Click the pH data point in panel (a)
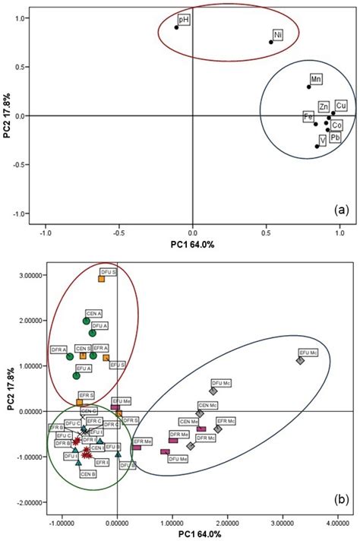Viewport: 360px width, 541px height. pos(176,27)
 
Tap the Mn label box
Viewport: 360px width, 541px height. pos(316,79)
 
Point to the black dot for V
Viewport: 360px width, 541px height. pos(317,147)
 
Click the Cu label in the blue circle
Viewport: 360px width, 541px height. pos(341,105)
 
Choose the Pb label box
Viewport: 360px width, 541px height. pos(335,138)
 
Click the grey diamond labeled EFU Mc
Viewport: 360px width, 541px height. pos(300,361)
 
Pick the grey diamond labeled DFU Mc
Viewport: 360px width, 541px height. pos(213,391)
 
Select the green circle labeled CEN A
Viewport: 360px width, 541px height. pos(87,321)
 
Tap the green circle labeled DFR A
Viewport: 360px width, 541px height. pos(70,356)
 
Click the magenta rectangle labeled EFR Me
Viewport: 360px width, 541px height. pos(137,448)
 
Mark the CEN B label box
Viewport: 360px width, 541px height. pos(88,473)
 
